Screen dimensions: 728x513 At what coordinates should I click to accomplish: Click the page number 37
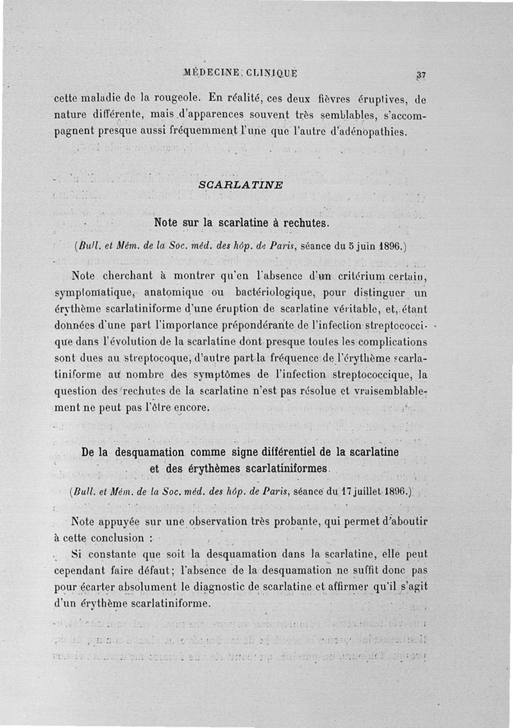click(421, 74)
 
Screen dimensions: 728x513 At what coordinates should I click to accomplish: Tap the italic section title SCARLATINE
click(241, 184)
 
